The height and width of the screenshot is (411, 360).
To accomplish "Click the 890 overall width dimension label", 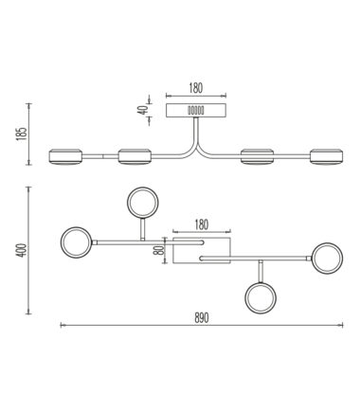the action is point(202,318).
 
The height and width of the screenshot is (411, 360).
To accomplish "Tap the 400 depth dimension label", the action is point(22,250).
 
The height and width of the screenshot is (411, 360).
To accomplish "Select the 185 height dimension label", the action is point(22,134).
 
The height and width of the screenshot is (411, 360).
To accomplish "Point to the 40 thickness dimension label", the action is point(143,110).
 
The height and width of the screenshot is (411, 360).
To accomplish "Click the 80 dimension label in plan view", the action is point(159,250).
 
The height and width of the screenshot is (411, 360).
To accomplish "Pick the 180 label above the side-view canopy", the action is point(196,88).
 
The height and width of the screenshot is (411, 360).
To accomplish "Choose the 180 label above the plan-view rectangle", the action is point(202,224).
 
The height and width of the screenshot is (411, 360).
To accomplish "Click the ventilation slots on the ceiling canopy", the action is point(196,111).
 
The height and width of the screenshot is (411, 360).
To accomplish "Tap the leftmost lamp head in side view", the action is point(65,156).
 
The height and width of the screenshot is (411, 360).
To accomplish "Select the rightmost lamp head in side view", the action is point(327,156).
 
